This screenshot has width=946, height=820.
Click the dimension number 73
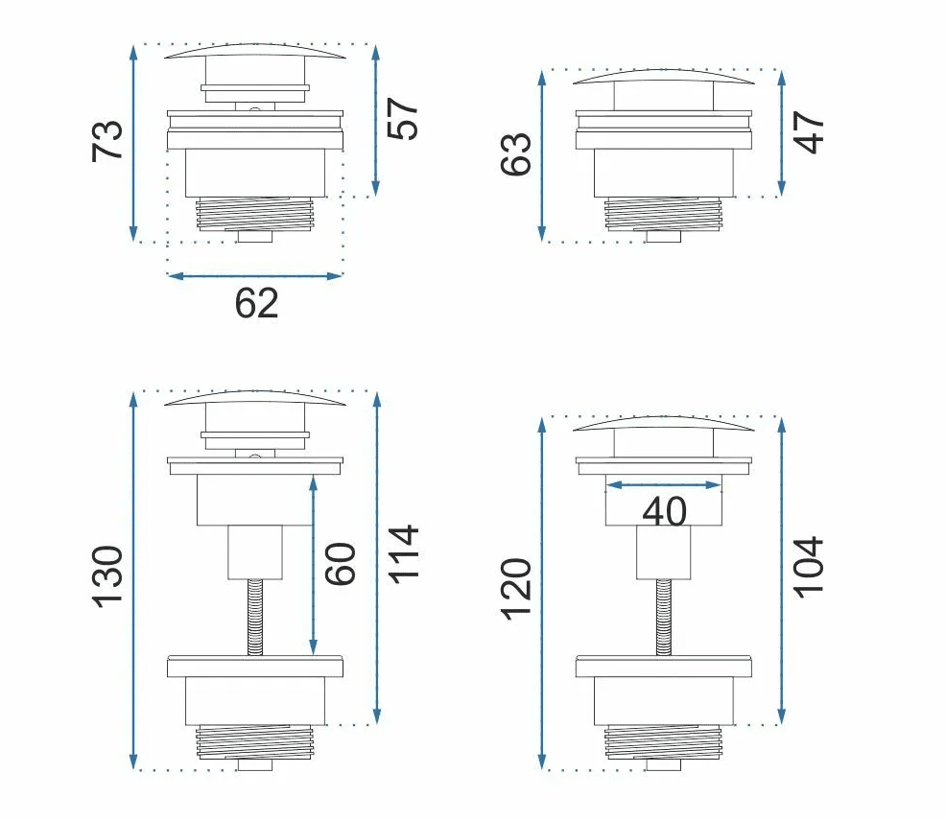[x=107, y=141]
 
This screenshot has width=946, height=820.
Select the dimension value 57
[x=402, y=119]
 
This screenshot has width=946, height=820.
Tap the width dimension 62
[x=256, y=303]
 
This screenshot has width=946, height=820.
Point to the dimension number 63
[x=516, y=154]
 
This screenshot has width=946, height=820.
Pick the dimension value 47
[x=809, y=132]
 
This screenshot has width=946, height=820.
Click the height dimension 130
[x=107, y=577]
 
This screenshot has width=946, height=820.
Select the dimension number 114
[x=403, y=554]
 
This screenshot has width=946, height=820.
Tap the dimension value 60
[x=341, y=564]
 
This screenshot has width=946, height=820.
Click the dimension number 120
[x=516, y=589]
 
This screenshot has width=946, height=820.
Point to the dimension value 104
[x=808, y=567]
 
